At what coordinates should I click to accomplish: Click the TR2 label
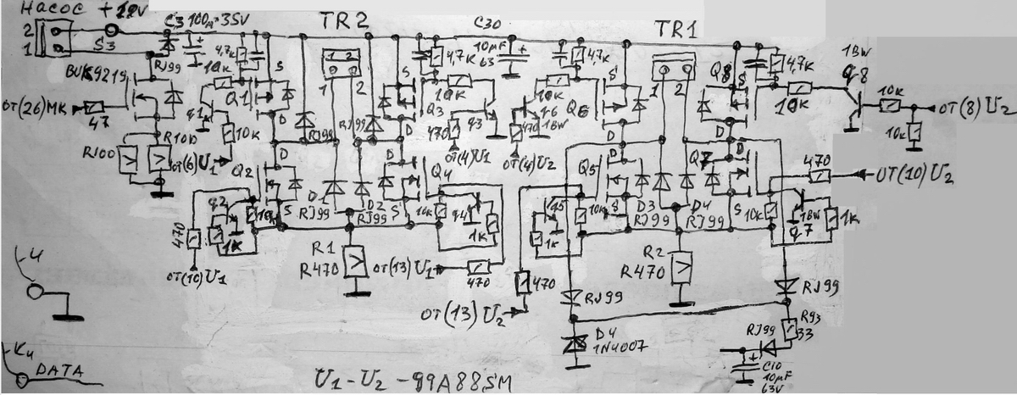tap(344, 22)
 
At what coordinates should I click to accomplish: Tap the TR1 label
tap(675, 29)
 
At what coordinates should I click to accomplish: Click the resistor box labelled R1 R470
tap(356, 263)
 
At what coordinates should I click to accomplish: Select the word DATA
tap(53, 370)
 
